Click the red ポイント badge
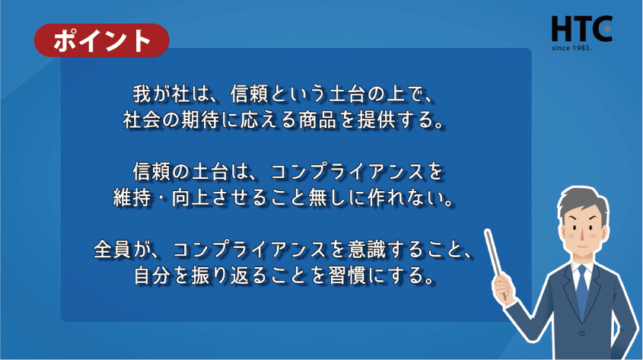[x=102, y=40]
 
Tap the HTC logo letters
[x=581, y=29]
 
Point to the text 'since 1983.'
[x=571, y=48]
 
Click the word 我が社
[x=161, y=94]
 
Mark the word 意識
[x=367, y=250]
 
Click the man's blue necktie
[x=581, y=291]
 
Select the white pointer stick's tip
[x=487, y=231]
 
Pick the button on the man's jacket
[x=582, y=333]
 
